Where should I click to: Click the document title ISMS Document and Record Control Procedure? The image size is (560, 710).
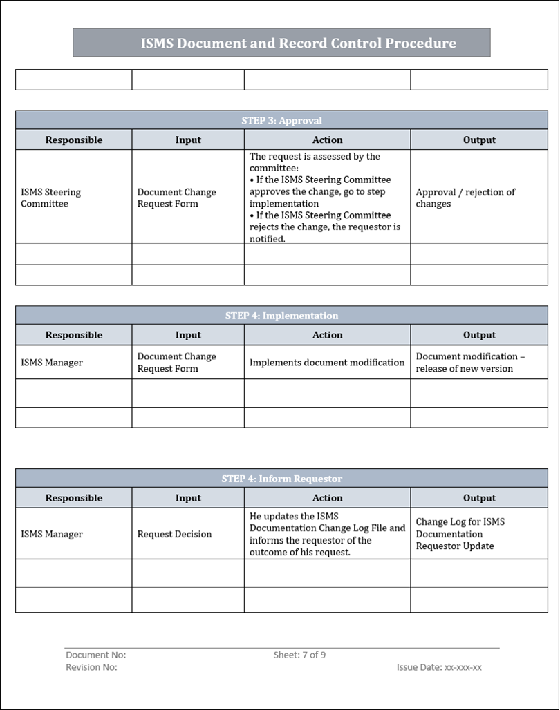tap(298, 44)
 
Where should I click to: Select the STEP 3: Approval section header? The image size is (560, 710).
tap(281, 120)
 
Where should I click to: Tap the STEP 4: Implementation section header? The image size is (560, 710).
tap(281, 316)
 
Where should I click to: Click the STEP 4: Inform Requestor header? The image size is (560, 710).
tap(281, 479)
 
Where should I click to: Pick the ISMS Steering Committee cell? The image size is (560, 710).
tap(51, 198)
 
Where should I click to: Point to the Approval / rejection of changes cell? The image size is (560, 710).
tap(465, 198)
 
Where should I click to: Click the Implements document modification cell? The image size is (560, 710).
tap(327, 363)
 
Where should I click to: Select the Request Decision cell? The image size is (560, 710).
tap(174, 534)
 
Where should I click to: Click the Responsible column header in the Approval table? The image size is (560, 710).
tap(74, 140)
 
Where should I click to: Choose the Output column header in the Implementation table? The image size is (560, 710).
tap(479, 335)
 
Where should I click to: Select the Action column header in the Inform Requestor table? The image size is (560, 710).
tap(327, 498)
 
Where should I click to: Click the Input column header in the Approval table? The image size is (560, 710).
tap(188, 140)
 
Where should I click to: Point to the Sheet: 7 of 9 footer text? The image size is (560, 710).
tap(299, 655)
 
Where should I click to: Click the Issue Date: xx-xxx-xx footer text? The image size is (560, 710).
tap(439, 667)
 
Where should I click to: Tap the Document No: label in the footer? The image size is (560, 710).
tap(95, 655)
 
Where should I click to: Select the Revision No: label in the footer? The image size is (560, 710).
tap(91, 667)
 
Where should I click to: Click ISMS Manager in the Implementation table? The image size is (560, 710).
tap(52, 363)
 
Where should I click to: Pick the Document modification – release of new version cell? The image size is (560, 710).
tap(470, 363)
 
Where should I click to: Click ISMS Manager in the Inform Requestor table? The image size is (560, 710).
tap(52, 534)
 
